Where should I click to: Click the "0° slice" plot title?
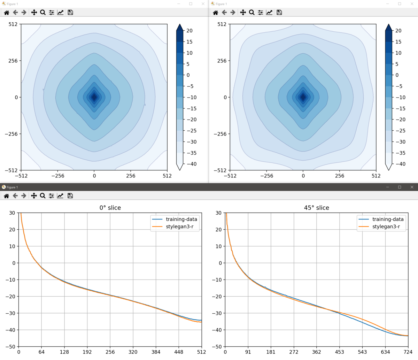click(x=110, y=208)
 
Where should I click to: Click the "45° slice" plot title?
click(x=316, y=208)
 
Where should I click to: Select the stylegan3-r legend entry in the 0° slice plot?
click(x=179, y=227)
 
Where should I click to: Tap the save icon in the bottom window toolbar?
click(x=70, y=196)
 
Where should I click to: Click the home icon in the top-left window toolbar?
click(x=6, y=13)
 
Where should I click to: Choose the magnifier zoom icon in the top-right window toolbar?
click(x=251, y=13)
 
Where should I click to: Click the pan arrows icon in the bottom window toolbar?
click(x=34, y=196)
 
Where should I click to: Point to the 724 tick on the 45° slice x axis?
click(x=408, y=352)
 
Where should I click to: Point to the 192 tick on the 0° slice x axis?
click(x=87, y=352)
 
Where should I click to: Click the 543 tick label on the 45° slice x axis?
click(x=362, y=352)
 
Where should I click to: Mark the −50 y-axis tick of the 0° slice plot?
click(x=12, y=347)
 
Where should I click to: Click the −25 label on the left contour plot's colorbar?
click(x=191, y=131)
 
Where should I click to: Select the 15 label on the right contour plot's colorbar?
click(x=398, y=42)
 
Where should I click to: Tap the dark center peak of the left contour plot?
click(x=94, y=97)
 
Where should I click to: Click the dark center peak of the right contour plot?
click(x=303, y=97)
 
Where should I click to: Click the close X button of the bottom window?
click(x=412, y=187)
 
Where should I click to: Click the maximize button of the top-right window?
click(x=400, y=4)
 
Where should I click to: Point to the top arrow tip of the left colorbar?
click(x=180, y=25)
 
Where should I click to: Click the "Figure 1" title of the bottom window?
click(x=12, y=187)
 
